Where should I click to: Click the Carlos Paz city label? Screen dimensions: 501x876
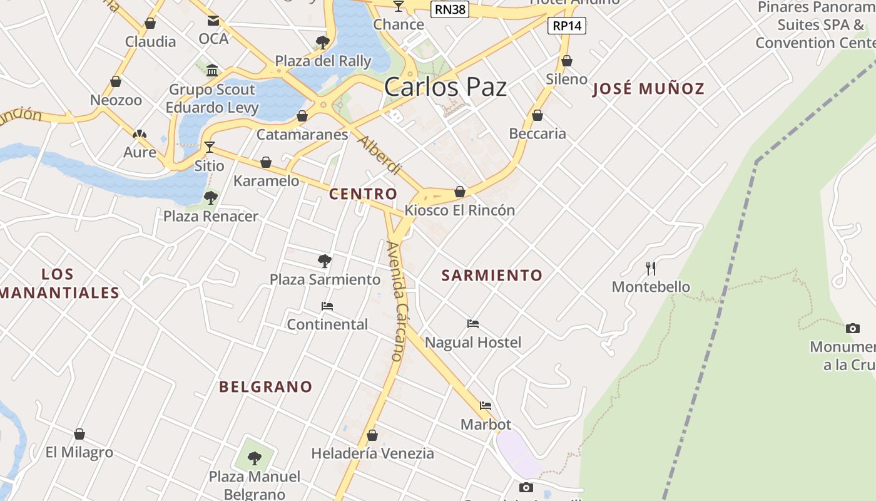(x=445, y=87)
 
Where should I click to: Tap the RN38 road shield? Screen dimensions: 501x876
(x=450, y=9)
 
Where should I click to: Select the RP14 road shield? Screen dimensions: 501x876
(x=567, y=26)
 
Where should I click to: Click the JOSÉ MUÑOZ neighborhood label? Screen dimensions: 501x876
(x=648, y=89)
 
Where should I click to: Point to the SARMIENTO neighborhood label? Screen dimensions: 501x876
(x=492, y=275)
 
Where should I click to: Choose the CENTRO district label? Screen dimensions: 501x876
(x=363, y=194)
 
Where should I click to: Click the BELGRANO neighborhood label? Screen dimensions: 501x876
(x=265, y=387)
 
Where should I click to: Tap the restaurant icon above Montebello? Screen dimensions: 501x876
(x=651, y=269)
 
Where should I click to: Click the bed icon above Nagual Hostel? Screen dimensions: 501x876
(x=473, y=324)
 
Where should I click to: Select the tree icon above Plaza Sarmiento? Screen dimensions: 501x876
(x=324, y=261)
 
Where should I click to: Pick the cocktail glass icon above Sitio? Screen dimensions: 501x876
(x=209, y=147)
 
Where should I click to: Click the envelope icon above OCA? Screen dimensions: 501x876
(x=213, y=21)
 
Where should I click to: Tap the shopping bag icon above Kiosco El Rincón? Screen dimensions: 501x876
(x=460, y=192)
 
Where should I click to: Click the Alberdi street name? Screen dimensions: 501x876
(x=379, y=155)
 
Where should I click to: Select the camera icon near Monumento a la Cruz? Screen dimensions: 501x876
(x=852, y=328)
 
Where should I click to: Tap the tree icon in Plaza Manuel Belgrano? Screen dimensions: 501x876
(x=254, y=458)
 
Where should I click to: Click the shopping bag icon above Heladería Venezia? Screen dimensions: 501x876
(x=372, y=435)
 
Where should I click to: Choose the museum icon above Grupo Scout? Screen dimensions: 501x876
(x=212, y=70)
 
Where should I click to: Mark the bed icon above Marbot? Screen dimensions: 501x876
(x=486, y=406)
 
